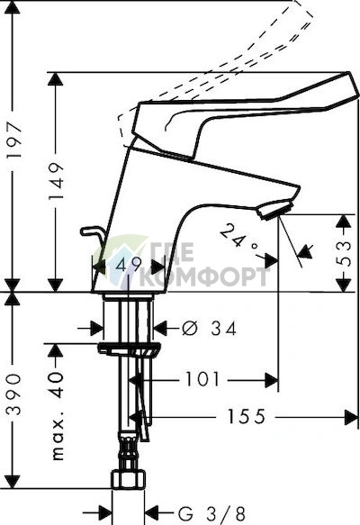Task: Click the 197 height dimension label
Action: click(15, 141)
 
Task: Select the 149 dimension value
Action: click(56, 181)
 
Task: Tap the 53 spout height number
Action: click(344, 253)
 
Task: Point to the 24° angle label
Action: click(238, 240)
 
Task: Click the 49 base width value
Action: click(129, 265)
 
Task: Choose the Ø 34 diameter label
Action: click(209, 329)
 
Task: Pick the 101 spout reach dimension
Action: click(202, 380)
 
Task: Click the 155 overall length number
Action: click(247, 417)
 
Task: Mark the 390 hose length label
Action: click(14, 395)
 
